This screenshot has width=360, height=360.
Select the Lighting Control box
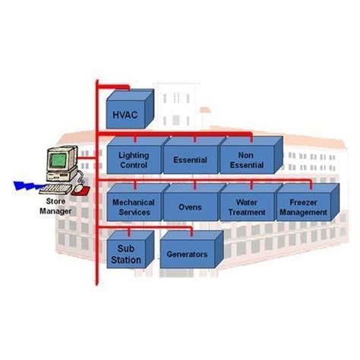pos(134,159)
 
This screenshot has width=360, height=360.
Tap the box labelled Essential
pos(190,160)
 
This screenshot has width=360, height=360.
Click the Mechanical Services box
pos(134,207)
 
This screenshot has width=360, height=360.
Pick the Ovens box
pos(190,207)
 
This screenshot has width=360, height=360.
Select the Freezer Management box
pos(302,207)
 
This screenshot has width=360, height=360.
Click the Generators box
pos(187,254)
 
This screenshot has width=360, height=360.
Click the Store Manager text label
pos(55,207)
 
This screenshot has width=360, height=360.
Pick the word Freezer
pos(302,203)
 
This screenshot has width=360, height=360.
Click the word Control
pos(134,165)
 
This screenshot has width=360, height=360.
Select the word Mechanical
pos(134,203)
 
